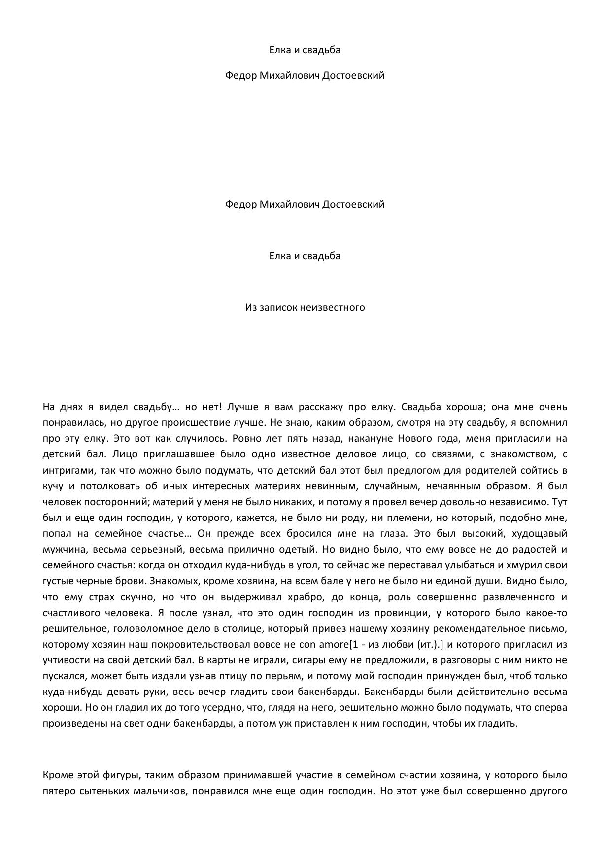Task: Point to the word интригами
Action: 67,470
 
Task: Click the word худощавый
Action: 540,534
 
